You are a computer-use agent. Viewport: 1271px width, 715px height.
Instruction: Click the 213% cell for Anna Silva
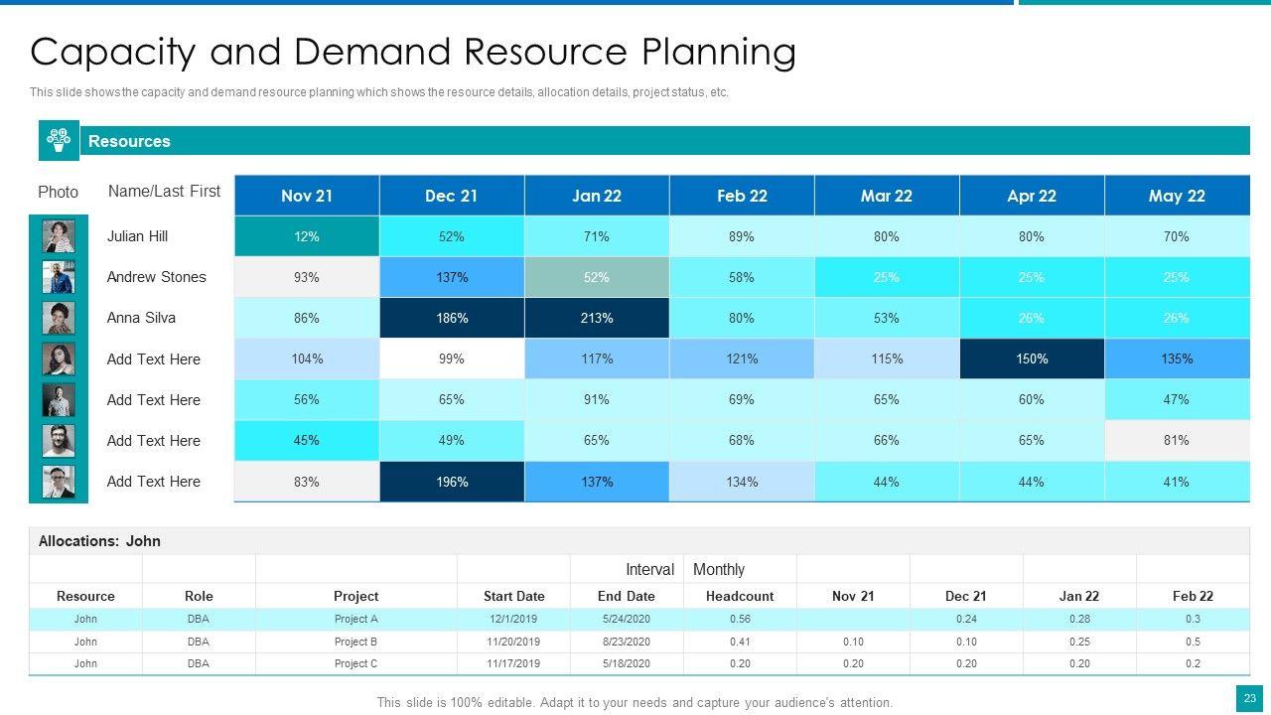point(597,318)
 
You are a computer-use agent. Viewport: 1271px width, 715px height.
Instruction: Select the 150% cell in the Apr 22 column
point(1032,358)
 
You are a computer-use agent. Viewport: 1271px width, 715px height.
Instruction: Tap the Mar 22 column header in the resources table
point(887,196)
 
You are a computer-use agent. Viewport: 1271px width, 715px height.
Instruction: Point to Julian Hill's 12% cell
point(307,236)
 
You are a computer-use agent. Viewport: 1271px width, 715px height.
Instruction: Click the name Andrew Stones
point(156,277)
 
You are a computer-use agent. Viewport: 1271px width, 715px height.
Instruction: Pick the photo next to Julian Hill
point(59,236)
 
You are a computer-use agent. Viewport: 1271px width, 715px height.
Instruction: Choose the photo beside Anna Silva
point(59,318)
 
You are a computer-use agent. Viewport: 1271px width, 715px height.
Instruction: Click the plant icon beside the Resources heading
point(59,140)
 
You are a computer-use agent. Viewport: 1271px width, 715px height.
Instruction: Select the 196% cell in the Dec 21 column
point(452,482)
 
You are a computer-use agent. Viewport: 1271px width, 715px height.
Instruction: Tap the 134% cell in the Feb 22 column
point(742,482)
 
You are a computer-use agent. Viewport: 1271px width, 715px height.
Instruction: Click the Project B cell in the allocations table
point(356,642)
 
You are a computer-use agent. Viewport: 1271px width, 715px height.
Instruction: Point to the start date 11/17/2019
point(513,663)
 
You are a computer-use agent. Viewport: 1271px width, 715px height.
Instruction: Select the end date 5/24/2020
point(627,619)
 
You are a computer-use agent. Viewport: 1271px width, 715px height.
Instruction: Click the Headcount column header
point(740,596)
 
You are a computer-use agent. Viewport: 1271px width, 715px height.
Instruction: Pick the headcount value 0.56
point(740,619)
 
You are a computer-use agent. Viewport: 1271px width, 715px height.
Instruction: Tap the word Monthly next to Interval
point(719,569)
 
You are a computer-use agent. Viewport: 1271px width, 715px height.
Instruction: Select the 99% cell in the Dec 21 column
point(452,358)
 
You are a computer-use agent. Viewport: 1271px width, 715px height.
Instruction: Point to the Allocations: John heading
point(99,541)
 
